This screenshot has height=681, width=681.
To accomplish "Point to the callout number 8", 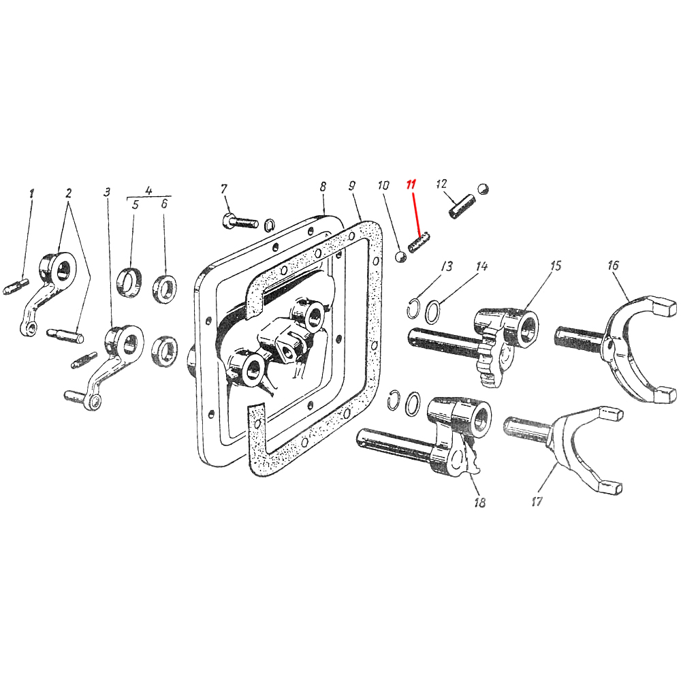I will pyautogui.click(x=323, y=185).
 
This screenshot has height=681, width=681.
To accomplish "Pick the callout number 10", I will pyautogui.click(x=383, y=185).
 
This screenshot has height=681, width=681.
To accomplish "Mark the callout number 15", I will pyautogui.click(x=556, y=265).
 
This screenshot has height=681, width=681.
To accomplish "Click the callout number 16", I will pyautogui.click(x=613, y=266).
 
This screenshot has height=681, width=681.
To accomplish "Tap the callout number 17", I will pyautogui.click(x=537, y=502).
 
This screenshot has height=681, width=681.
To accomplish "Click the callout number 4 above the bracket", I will pyautogui.click(x=149, y=190).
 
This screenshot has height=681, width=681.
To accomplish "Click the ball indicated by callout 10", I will pyautogui.click(x=401, y=256).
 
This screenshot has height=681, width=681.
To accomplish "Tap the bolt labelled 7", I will pyautogui.click(x=239, y=221).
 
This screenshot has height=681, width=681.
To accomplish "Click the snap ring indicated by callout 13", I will pyautogui.click(x=413, y=308).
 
